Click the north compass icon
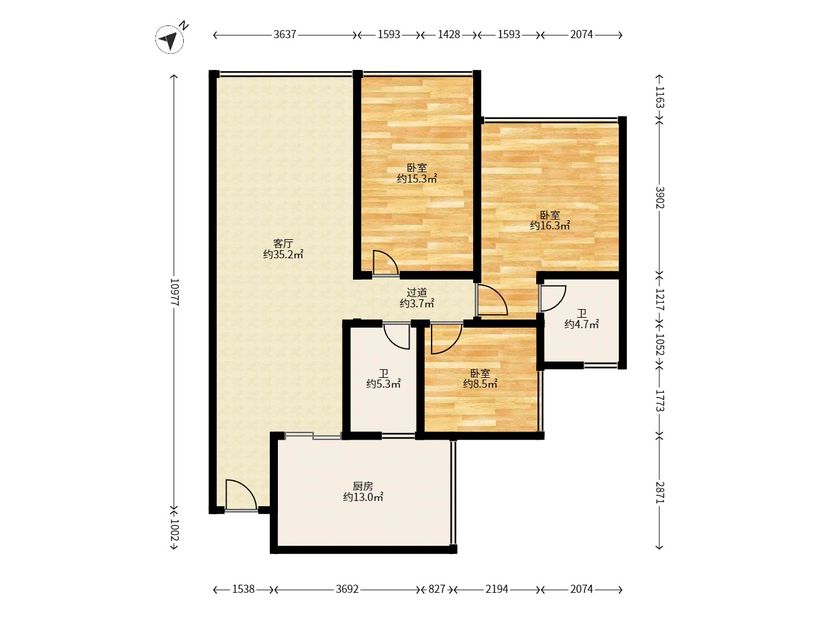(170, 39)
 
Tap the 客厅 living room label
(283, 243)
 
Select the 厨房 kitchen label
(363, 486)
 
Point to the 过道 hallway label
(417, 292)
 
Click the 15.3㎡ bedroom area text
(417, 179)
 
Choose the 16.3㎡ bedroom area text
(549, 226)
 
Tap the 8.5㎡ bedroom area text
(480, 384)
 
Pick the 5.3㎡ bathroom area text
(383, 384)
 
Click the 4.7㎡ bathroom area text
(581, 325)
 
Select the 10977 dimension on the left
(174, 292)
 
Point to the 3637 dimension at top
(285, 35)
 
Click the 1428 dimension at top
(449, 35)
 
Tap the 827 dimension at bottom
(437, 589)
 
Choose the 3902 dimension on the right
(660, 198)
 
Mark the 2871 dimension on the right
(660, 492)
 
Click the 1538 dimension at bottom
(243, 589)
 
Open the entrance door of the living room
(242, 495)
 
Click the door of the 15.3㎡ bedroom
(385, 263)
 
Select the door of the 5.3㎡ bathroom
(396, 336)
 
